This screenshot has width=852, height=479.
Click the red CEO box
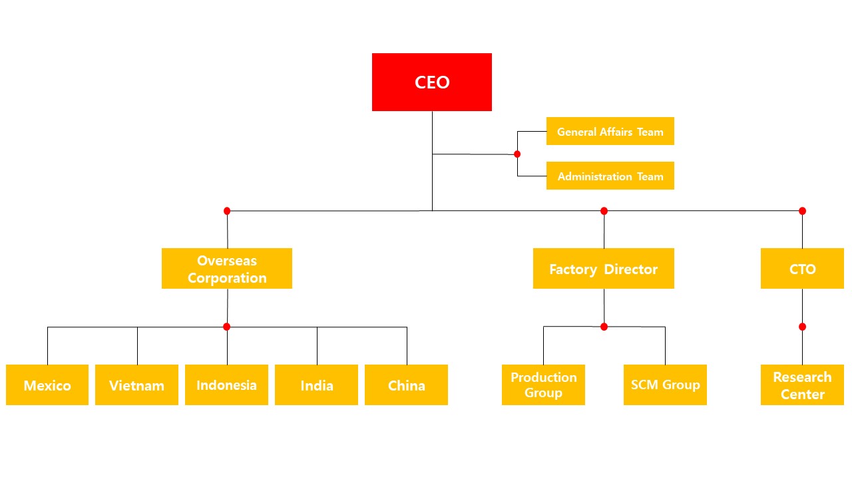432,82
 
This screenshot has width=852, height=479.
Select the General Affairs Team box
610,131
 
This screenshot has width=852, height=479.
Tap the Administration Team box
610,176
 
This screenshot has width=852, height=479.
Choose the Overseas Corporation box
227,268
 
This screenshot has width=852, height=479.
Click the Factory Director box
604,268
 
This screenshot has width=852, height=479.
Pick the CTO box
802,268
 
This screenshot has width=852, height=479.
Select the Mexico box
47,385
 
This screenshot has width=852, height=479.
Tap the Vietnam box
136,385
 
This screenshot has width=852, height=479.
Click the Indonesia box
227,385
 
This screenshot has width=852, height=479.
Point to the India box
316,385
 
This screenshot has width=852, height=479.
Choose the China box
406,385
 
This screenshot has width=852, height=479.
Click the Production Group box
543,385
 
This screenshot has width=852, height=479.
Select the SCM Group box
665,385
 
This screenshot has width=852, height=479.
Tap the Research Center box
802,385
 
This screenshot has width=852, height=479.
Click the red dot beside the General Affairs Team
517,154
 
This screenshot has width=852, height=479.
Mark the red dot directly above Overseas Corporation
227,211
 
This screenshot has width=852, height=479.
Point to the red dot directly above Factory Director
604,211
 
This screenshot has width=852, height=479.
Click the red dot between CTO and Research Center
803,327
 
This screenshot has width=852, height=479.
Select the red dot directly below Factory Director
604,327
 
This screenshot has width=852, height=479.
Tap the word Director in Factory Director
630,269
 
